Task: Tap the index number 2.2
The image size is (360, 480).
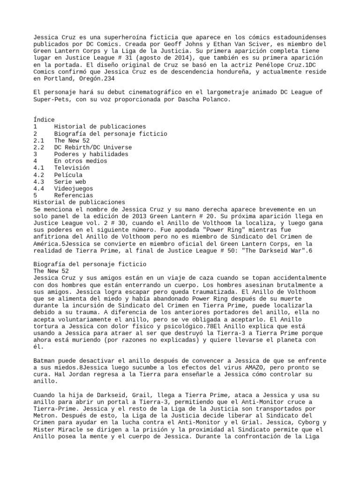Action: coord(39,147)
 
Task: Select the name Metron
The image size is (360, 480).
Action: coord(44,415)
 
